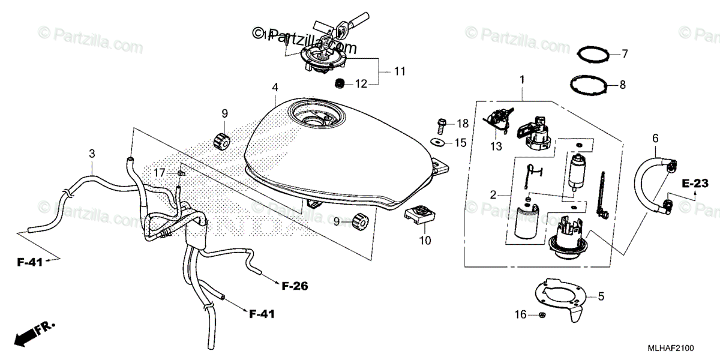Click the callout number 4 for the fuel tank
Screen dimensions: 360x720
tap(274, 88)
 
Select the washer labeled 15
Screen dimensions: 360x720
tap(439, 142)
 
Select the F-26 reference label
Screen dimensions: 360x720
tap(294, 287)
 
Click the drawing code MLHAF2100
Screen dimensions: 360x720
tap(679, 348)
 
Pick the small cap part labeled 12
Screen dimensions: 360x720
tap(340, 83)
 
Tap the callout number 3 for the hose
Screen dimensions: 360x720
tap(92, 154)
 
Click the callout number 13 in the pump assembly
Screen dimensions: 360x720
tap(496, 148)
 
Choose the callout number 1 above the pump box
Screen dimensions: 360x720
tap(521, 79)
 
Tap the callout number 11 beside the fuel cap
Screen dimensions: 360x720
tap(400, 71)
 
